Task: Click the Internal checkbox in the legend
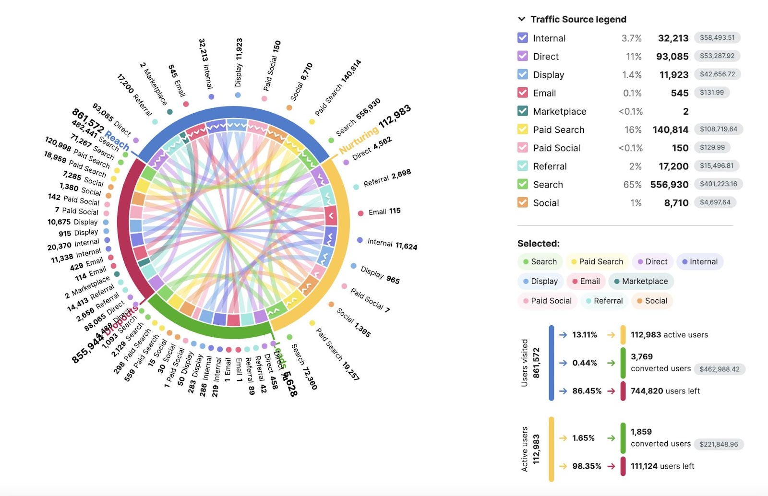click(523, 38)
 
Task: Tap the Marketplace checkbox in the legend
click(523, 111)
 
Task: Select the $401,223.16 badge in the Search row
click(718, 184)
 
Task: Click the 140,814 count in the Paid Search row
click(670, 130)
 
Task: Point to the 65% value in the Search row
click(632, 185)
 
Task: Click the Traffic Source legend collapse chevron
click(521, 19)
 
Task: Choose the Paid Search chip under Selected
click(597, 262)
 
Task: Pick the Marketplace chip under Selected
click(641, 282)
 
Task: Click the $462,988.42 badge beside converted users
click(719, 369)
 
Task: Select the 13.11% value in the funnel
click(584, 335)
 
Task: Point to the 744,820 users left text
click(665, 391)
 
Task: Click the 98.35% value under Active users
click(586, 466)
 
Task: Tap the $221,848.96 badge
click(719, 444)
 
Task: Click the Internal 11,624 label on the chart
click(392, 244)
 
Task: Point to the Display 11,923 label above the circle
click(239, 62)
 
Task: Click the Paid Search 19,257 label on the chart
click(337, 354)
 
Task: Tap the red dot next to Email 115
click(360, 213)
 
